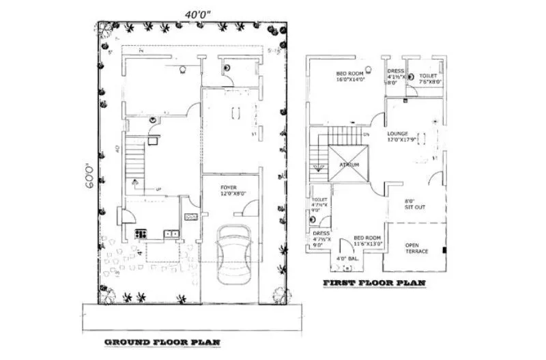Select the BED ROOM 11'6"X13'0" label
click(367, 240)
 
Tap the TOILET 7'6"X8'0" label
click(429, 78)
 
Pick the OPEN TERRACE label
click(417, 248)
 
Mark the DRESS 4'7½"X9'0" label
click(321, 236)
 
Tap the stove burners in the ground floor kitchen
click(141, 234)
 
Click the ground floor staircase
click(136, 164)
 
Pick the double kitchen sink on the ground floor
click(171, 234)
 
